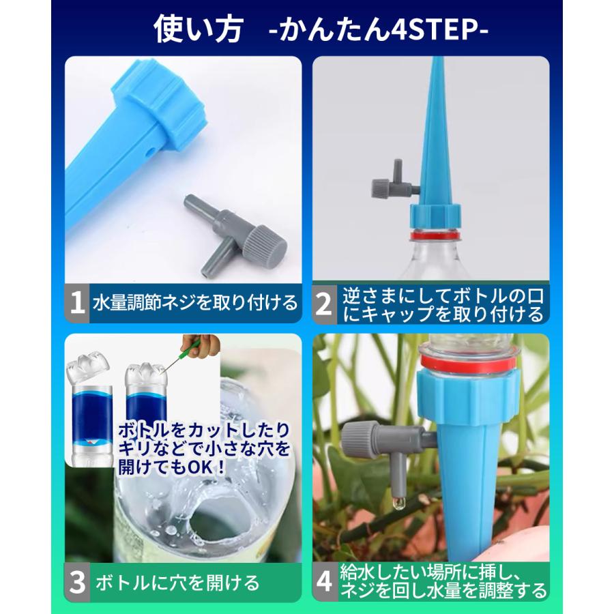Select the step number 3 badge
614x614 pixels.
(77, 581)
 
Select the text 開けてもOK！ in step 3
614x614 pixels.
(173, 469)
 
